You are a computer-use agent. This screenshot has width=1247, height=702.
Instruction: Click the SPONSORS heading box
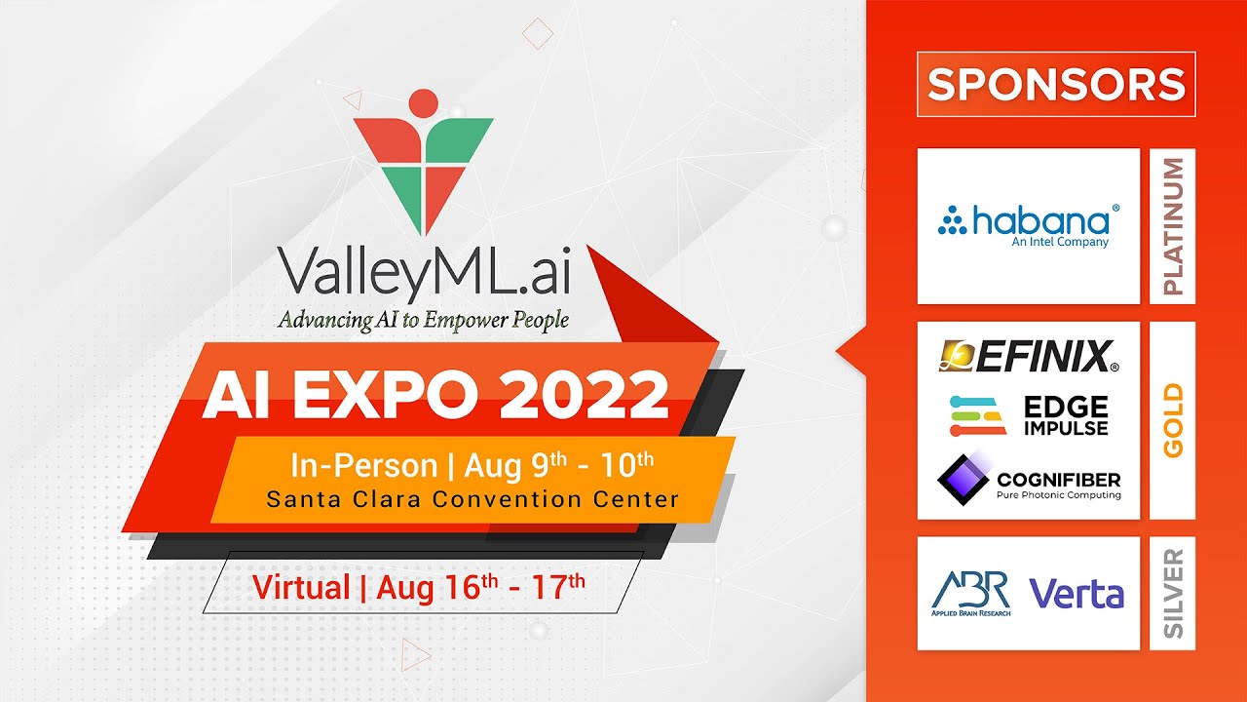tap(1056, 84)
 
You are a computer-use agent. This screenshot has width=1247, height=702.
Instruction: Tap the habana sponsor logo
tap(1028, 221)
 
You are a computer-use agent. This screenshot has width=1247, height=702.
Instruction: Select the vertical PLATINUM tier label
tap(1173, 226)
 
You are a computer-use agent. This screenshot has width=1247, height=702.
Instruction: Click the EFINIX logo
tap(1028, 357)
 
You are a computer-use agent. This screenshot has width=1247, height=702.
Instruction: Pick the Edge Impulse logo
tap(1028, 415)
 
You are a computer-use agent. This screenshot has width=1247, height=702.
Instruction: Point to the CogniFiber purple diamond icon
tap(963, 476)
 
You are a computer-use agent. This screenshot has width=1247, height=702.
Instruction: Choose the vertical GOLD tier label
tap(1173, 420)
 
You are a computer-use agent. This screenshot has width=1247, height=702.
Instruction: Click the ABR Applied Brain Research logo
tap(970, 593)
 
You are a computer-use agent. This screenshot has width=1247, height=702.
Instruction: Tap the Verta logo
tap(1076, 593)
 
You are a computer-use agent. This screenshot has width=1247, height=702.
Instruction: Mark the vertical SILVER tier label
tap(1173, 593)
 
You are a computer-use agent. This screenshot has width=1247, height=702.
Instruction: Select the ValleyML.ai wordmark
tap(424, 271)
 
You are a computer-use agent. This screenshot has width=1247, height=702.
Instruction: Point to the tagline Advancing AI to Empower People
tap(423, 319)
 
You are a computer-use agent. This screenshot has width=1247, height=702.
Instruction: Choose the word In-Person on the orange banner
tap(363, 466)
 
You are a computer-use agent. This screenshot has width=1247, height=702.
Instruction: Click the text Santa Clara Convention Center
tap(472, 500)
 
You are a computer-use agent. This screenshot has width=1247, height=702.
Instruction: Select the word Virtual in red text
tap(301, 587)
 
